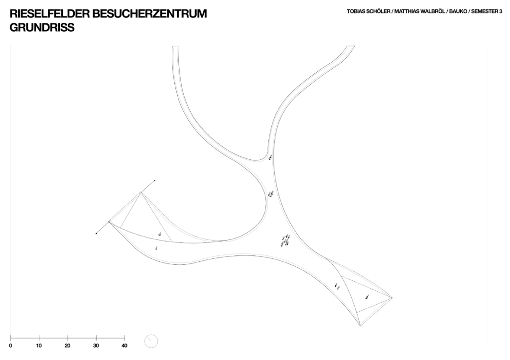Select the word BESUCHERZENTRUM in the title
149,13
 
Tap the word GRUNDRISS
42,28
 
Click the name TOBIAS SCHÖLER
369,11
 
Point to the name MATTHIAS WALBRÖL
419,11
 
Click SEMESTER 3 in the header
487,11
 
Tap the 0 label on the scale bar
11,346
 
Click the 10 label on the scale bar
39,346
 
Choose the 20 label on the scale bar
67,346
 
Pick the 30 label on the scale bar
96,346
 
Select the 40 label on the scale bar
124,346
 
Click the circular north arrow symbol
151,341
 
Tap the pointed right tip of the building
392,298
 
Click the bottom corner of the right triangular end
361,326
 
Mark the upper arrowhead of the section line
154,180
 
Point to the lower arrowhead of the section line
96,233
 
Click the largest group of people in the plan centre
285,240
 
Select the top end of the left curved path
175,46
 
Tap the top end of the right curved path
351,46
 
